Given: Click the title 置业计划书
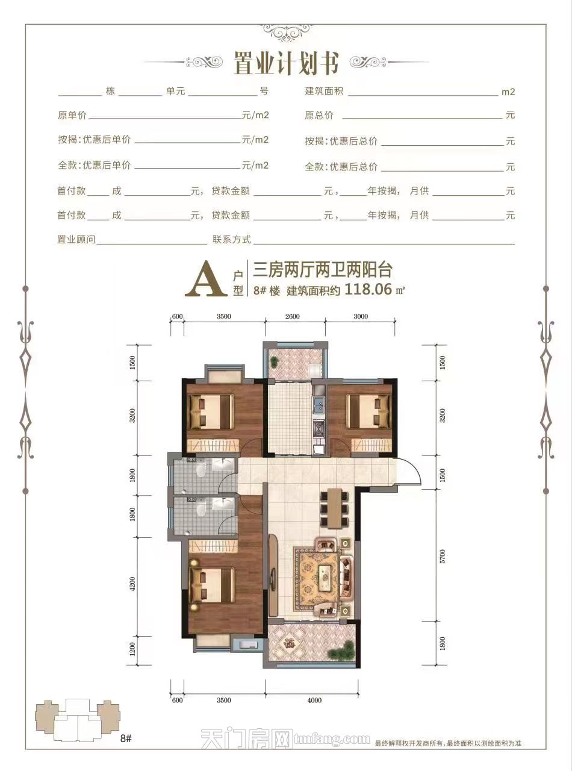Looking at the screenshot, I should pyautogui.click(x=286, y=63).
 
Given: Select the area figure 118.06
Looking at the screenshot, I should pyautogui.click(x=367, y=290).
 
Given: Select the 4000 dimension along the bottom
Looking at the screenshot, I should pyautogui.click(x=314, y=700).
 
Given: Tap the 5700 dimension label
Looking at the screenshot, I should pyautogui.click(x=443, y=555).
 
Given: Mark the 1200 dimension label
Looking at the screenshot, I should pyautogui.click(x=132, y=651).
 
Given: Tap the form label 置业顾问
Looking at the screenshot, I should pyautogui.click(x=76, y=240).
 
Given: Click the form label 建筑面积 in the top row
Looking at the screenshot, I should pyautogui.click(x=324, y=92).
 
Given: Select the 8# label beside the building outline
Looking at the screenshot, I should pyautogui.click(x=126, y=737).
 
